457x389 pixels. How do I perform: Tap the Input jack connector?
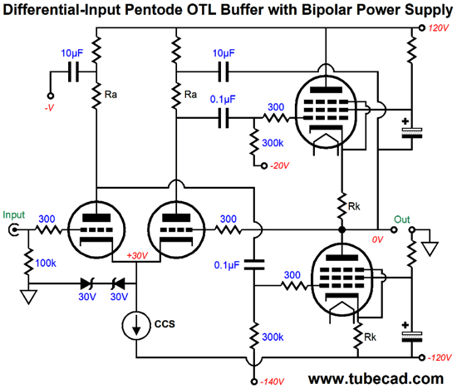[x=13, y=229]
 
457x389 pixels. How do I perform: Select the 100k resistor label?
[x=46, y=263]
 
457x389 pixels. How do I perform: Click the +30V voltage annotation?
[x=137, y=256]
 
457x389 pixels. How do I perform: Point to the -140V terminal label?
[x=272, y=382]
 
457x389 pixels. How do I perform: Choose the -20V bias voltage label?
[x=279, y=165]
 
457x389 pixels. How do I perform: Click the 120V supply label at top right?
[x=438, y=28]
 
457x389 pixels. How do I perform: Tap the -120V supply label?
[x=440, y=357]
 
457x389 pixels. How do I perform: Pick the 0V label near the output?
[x=377, y=239]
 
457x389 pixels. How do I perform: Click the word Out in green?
[x=401, y=219]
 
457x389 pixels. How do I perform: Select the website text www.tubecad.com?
[x=376, y=378]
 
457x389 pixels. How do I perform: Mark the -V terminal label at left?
[x=49, y=108]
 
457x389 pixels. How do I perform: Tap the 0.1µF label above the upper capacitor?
[x=223, y=100]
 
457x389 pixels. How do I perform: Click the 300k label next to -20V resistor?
[x=273, y=143]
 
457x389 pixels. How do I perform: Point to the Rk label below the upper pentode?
[x=354, y=206]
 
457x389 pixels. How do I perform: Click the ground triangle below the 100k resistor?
[x=28, y=297]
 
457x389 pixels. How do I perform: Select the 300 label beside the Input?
[x=47, y=219]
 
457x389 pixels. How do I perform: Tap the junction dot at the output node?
[x=342, y=229]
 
